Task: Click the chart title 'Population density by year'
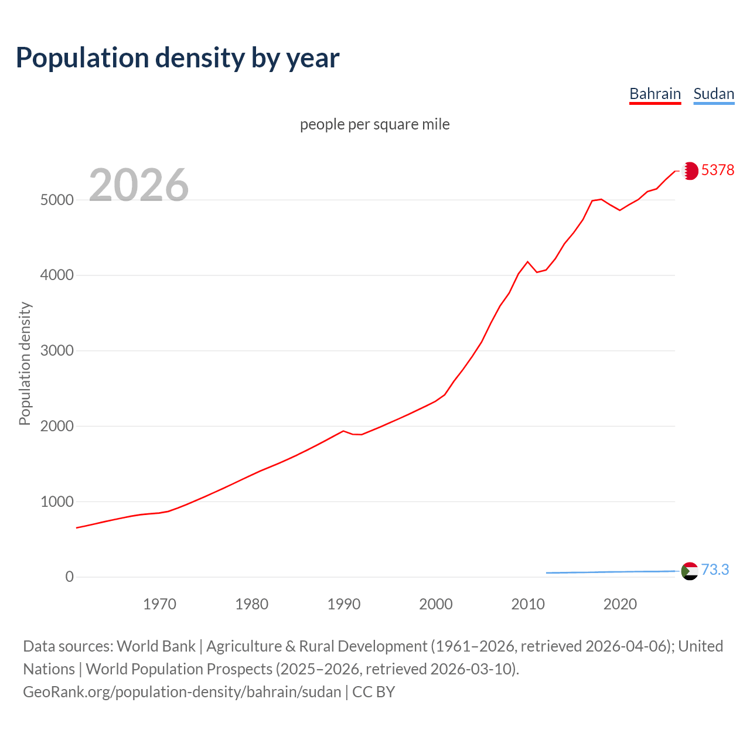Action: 178,58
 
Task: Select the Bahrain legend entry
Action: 654,94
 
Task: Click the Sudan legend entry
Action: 713,94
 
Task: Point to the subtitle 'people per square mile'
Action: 374,124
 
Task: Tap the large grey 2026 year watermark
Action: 139,185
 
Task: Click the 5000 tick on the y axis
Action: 57,200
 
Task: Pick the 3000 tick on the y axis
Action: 57,351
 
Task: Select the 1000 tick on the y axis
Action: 57,502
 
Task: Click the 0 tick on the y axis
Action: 70,577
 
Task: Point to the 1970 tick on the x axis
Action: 159,604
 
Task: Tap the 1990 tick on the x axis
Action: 344,604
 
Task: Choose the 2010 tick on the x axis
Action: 528,604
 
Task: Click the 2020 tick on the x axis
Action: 620,604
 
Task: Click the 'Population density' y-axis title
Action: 25,363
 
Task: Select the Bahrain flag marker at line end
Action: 690,171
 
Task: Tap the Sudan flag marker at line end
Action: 690,571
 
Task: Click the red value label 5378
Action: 717,170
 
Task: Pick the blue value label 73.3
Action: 715,570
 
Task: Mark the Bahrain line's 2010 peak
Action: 527,262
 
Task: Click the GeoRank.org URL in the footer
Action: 182,692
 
